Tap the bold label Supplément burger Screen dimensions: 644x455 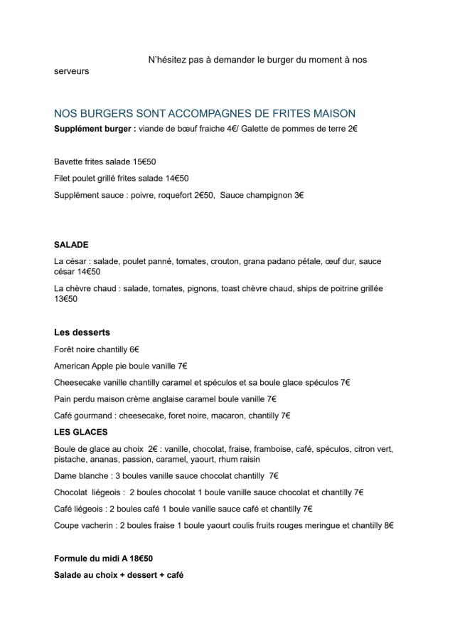95,129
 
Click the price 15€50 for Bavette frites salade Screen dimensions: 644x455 144,162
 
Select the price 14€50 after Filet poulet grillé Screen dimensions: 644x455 177,179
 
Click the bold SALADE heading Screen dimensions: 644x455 71,245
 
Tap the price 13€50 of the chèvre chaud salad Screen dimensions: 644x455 65,299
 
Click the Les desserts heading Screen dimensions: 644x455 82,332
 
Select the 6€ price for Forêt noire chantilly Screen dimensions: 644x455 134,349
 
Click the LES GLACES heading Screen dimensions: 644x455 80,432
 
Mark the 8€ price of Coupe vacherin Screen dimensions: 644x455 389,525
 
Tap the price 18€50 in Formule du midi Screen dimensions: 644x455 141,559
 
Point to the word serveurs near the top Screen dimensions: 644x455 72,72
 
